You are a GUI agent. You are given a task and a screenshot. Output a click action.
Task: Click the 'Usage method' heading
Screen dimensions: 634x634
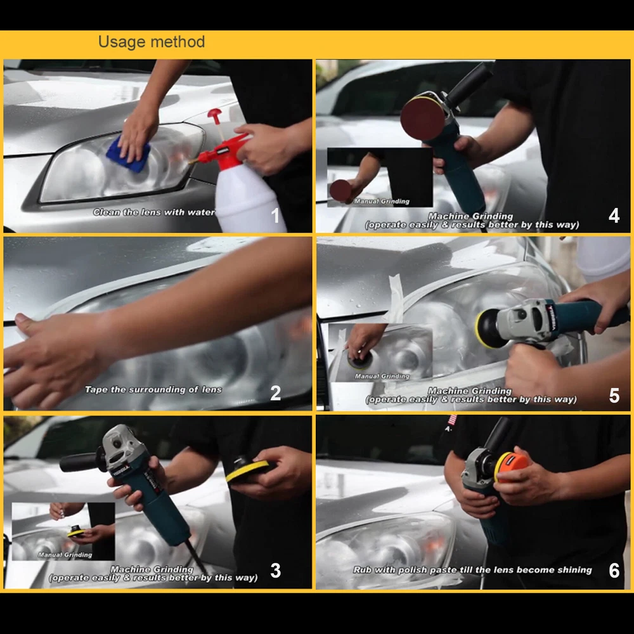tap(152, 42)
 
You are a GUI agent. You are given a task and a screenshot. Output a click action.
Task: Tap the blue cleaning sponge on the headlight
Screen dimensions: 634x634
tap(128, 155)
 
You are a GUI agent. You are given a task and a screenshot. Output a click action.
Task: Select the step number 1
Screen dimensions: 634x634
tap(275, 216)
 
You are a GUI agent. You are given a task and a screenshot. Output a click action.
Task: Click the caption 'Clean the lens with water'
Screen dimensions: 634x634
tap(153, 212)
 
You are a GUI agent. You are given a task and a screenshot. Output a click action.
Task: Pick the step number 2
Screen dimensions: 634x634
tap(275, 393)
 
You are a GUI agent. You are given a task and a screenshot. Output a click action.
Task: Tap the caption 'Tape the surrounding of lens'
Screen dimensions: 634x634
tap(153, 390)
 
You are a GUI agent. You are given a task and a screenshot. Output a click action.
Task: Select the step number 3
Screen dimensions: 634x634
tap(275, 571)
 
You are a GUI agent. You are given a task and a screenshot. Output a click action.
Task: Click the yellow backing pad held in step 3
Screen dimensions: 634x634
tap(247, 470)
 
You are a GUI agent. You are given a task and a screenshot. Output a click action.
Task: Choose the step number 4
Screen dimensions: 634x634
tap(614, 216)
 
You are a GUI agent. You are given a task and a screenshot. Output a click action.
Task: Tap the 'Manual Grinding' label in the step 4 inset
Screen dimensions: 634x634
tap(382, 202)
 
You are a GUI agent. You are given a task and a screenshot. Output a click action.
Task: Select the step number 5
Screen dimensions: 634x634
tap(614, 396)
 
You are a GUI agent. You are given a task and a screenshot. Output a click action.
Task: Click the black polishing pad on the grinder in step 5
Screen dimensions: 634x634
tap(490, 328)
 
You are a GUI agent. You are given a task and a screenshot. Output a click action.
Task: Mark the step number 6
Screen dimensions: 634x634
tap(614, 571)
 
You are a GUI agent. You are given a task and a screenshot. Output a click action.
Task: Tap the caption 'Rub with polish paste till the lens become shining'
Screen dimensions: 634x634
tap(472, 570)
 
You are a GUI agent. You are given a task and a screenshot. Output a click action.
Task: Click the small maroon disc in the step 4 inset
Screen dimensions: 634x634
tap(340, 191)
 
